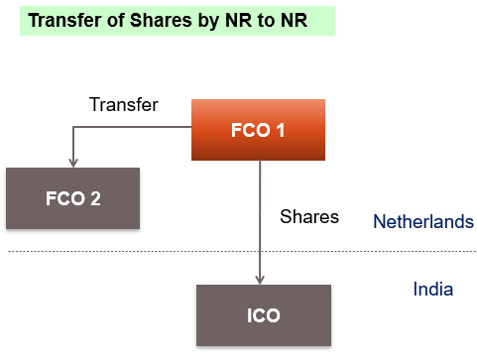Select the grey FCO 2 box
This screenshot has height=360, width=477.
coord(72,197)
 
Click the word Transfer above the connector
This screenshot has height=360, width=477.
coord(123,104)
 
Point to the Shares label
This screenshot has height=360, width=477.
coord(309,215)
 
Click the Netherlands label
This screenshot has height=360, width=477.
coord(422,221)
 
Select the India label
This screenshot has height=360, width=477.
coord(432,290)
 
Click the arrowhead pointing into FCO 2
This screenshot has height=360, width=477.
coord(71,162)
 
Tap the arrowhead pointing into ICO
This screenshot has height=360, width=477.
coord(260,280)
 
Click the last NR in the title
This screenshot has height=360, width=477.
coord(291,20)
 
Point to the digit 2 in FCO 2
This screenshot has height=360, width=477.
coord(95,197)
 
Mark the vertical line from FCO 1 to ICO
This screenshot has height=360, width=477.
coord(260,218)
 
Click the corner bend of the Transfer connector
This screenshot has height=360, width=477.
coord(71,126)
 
